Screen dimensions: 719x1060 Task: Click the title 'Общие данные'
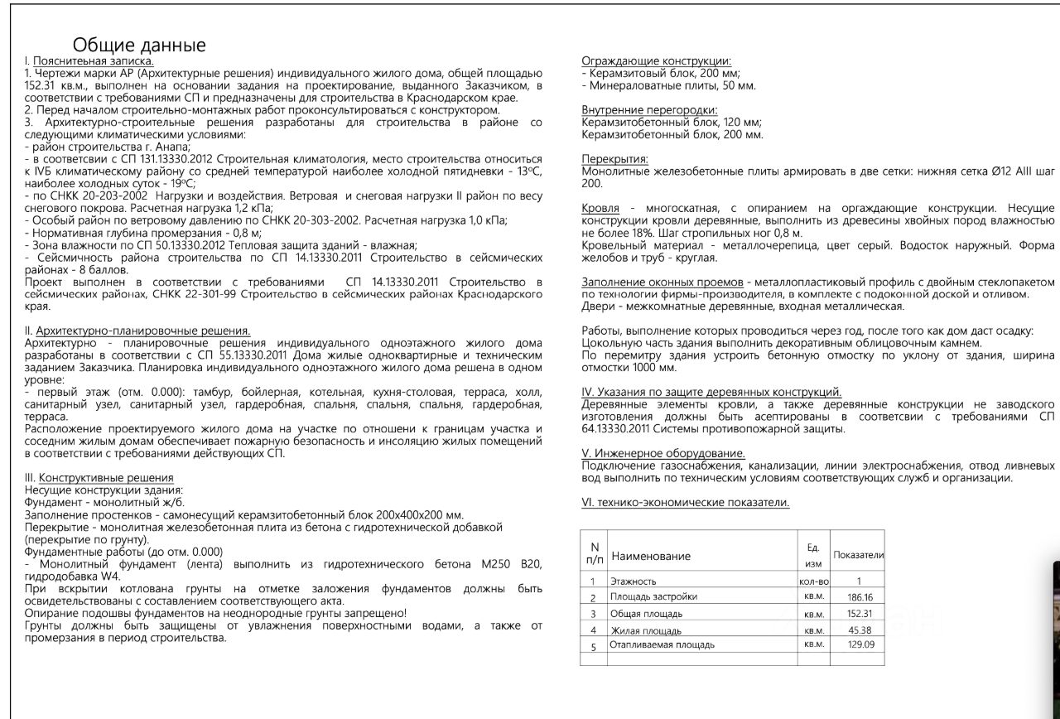139,45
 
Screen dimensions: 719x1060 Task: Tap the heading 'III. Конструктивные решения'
99,478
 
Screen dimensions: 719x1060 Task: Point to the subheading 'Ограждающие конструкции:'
656,61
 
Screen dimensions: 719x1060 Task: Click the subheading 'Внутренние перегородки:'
649,110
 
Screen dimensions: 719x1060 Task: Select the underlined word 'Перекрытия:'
614,159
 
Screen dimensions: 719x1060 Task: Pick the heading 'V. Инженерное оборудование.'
663,453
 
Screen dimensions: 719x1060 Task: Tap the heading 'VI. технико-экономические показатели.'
686,502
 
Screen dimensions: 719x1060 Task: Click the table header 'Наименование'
650,556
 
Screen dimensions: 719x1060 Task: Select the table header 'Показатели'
859,554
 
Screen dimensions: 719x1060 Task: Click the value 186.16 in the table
860,597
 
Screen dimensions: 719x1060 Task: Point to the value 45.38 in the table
860,630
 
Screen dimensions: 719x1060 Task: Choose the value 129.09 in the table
860,644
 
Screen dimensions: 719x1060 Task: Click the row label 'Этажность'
634,581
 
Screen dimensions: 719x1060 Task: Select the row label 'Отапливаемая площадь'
662,644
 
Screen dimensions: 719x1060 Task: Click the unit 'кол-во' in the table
813,581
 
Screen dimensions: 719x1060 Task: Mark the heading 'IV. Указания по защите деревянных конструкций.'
711,392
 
